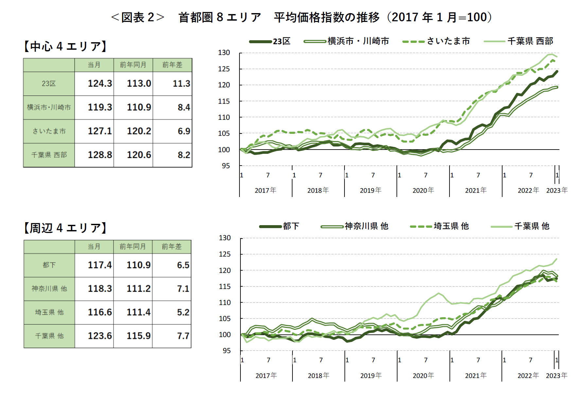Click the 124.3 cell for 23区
(x=100, y=83)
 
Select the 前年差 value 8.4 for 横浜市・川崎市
(x=184, y=107)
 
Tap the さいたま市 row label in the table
(x=49, y=131)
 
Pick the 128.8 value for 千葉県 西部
(x=100, y=155)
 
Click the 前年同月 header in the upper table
(x=133, y=65)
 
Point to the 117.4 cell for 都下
(x=100, y=265)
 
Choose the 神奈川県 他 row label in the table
(x=49, y=289)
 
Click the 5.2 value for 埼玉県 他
(x=183, y=312)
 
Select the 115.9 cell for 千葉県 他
(x=139, y=336)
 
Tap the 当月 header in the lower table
(x=94, y=246)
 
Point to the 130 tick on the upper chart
(x=224, y=53)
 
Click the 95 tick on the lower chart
(x=226, y=350)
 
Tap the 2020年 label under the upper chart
(x=423, y=190)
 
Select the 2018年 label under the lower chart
(x=318, y=376)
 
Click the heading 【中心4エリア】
(x=65, y=46)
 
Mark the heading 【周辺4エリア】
(x=65, y=228)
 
